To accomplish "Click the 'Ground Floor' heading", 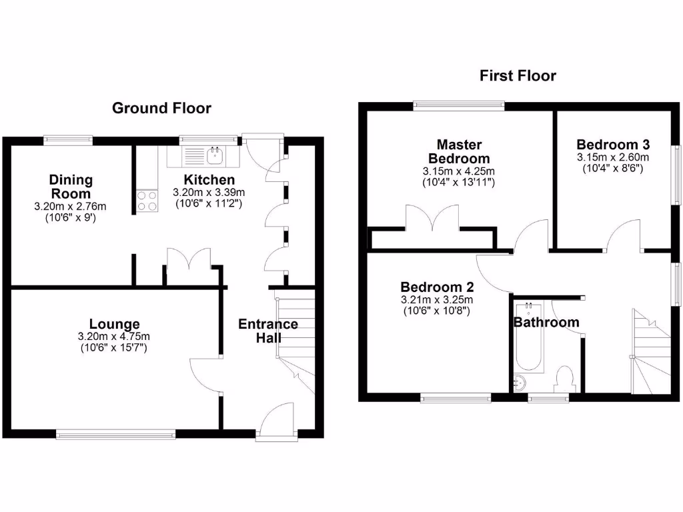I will [x=161, y=108].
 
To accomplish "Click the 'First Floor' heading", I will [x=518, y=76].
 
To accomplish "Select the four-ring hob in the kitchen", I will [x=147, y=201].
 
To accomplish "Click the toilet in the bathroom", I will [x=565, y=378].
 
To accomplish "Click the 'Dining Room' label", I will [x=71, y=186].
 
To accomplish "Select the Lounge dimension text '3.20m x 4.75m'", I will [x=114, y=336].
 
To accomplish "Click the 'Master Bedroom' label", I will [x=459, y=151].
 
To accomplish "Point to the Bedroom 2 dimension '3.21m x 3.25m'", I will [x=437, y=299].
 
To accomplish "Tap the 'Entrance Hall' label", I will [x=268, y=331].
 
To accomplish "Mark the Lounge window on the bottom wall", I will [x=116, y=434].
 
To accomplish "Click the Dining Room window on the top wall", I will [x=68, y=139].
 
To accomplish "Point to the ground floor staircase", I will [x=293, y=340].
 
